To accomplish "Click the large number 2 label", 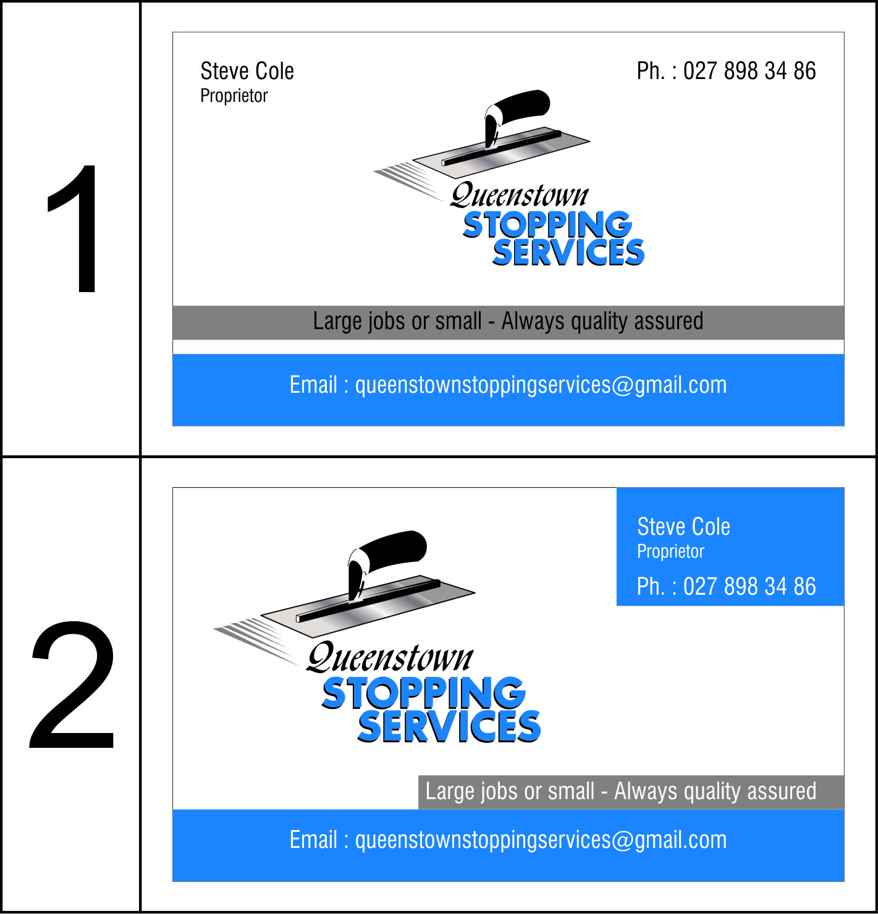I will click(72, 685).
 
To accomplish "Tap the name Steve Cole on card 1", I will click(247, 71).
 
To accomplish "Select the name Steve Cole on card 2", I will click(683, 527).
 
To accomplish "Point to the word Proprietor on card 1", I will click(234, 96).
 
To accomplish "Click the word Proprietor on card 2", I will click(670, 551).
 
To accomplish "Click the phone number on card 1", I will click(726, 71).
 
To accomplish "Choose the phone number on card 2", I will click(726, 587).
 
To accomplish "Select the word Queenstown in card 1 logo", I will click(520, 196).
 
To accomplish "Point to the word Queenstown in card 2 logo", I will click(390, 658).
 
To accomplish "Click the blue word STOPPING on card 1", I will click(547, 225).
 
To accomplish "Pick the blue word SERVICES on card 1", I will click(568, 253).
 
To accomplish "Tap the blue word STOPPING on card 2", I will click(423, 693).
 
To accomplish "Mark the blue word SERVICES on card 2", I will click(449, 726).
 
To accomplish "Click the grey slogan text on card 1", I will click(508, 322).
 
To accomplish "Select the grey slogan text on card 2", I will click(621, 792).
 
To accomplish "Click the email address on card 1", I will click(508, 385).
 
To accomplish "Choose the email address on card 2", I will click(508, 841).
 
